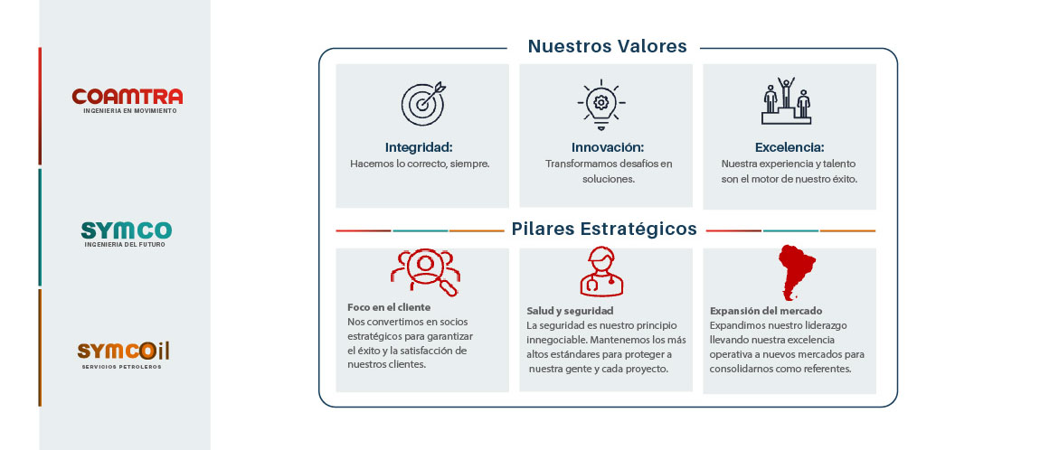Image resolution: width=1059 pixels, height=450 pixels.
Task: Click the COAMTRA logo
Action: point(127,100)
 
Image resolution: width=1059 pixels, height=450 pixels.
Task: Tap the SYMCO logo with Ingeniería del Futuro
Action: point(127,234)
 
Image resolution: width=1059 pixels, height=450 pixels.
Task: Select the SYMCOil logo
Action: point(123,355)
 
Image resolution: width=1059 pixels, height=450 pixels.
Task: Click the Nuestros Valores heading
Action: point(607,47)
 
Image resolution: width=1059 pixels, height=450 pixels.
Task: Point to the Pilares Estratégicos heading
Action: point(604,230)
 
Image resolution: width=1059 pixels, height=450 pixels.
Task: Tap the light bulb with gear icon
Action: point(601,105)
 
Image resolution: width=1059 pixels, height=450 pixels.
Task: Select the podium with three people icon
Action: point(786,100)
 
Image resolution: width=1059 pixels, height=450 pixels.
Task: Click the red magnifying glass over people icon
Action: point(425,272)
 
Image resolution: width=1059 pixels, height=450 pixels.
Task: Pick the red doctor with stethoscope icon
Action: point(601,271)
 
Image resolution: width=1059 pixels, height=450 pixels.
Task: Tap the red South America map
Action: point(796,272)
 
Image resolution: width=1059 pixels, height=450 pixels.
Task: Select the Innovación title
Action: point(608,147)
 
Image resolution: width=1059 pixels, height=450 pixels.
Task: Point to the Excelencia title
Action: point(790,147)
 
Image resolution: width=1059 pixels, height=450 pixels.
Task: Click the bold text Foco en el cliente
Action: point(388,307)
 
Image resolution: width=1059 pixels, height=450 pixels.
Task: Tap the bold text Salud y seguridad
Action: point(570,311)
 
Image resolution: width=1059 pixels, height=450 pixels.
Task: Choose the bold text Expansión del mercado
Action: point(766,311)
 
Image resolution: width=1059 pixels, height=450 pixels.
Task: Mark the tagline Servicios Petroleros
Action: point(121,367)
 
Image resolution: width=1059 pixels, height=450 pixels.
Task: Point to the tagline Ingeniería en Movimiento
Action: point(129,110)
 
